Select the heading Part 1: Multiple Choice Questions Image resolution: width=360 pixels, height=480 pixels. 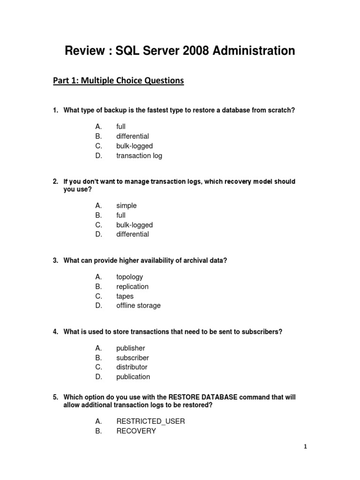pyautogui.click(x=118, y=81)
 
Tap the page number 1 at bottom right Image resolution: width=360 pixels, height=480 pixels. pyautogui.click(x=305, y=447)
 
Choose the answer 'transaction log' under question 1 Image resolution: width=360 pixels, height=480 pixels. pyautogui.click(x=139, y=156)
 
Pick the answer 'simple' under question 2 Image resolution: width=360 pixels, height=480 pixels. pyautogui.click(x=127, y=205)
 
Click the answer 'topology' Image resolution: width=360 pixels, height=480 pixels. pyautogui.click(x=130, y=277)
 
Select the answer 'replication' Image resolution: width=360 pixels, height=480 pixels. pyautogui.click(x=133, y=286)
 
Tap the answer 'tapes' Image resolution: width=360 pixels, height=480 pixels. pyautogui.click(x=125, y=296)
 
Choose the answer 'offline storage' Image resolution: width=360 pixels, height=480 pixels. pyautogui.click(x=138, y=305)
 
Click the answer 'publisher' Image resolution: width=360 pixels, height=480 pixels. pyautogui.click(x=131, y=348)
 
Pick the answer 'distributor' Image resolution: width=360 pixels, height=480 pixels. pyautogui.click(x=132, y=367)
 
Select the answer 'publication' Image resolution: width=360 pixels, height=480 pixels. pyautogui.click(x=133, y=376)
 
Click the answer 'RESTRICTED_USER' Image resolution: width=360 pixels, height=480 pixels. pyautogui.click(x=150, y=421)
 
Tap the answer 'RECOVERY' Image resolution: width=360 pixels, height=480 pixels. pyautogui.click(x=136, y=431)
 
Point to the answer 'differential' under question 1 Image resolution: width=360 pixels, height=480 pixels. pyautogui.click(x=133, y=136)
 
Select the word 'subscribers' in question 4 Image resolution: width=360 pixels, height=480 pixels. pyautogui.click(x=263, y=332)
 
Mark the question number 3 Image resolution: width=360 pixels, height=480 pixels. pyautogui.click(x=55, y=261)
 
